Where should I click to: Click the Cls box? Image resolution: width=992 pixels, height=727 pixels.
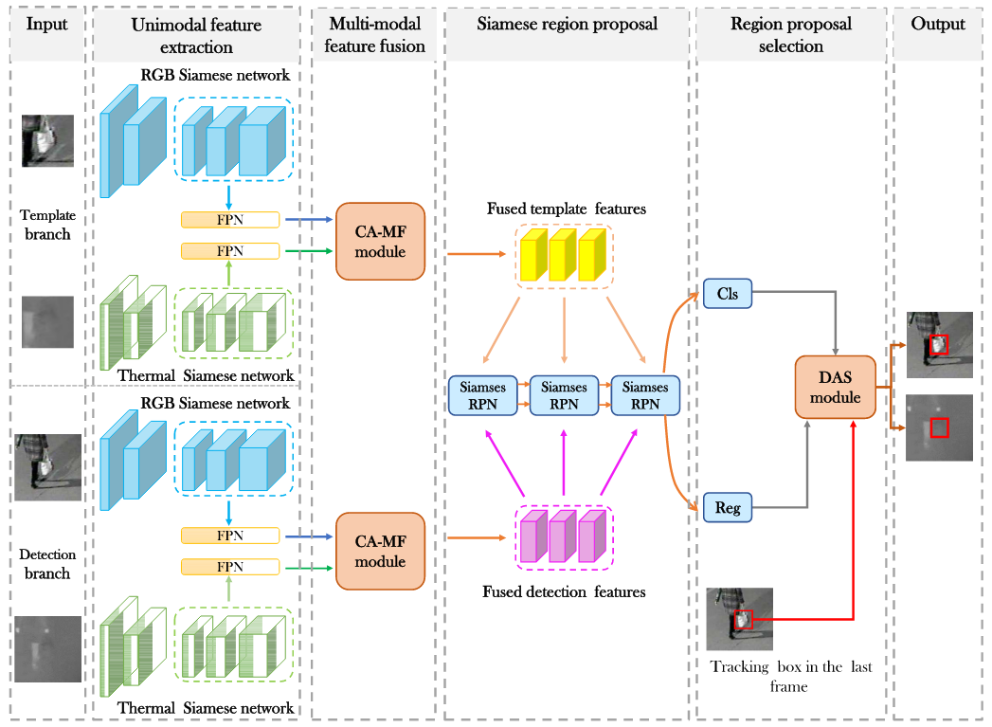pyautogui.click(x=728, y=294)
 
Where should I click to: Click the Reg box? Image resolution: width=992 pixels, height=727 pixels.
pyautogui.click(x=728, y=508)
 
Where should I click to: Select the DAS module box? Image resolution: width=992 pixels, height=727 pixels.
pyautogui.click(x=835, y=387)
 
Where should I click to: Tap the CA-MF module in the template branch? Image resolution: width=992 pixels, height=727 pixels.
pyautogui.click(x=380, y=241)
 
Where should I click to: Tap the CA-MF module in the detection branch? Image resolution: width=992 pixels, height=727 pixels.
pyautogui.click(x=380, y=551)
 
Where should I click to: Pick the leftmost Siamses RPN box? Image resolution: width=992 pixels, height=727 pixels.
pyautogui.click(x=483, y=395)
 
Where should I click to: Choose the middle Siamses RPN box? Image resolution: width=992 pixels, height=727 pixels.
pyautogui.click(x=564, y=395)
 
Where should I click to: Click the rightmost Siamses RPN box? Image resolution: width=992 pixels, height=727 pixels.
pyautogui.click(x=645, y=395)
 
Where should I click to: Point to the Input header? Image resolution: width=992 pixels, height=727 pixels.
pyautogui.click(x=46, y=24)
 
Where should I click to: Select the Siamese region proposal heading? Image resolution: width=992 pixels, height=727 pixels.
pyautogui.click(x=567, y=24)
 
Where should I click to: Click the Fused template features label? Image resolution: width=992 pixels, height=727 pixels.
pyautogui.click(x=567, y=209)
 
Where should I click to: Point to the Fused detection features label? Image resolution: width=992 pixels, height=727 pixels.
pyautogui.click(x=564, y=592)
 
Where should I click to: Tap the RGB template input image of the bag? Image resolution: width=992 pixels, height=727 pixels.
pyautogui.click(x=47, y=141)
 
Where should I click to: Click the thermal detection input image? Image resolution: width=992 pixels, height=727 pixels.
pyautogui.click(x=47, y=648)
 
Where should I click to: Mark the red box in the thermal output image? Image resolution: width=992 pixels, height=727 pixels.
pyautogui.click(x=939, y=428)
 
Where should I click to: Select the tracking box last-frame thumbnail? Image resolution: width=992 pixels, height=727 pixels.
pyautogui.click(x=740, y=619)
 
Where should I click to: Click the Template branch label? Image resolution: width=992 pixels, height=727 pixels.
pyautogui.click(x=47, y=226)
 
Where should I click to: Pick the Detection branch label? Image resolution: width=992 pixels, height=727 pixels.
pyautogui.click(x=47, y=564)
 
